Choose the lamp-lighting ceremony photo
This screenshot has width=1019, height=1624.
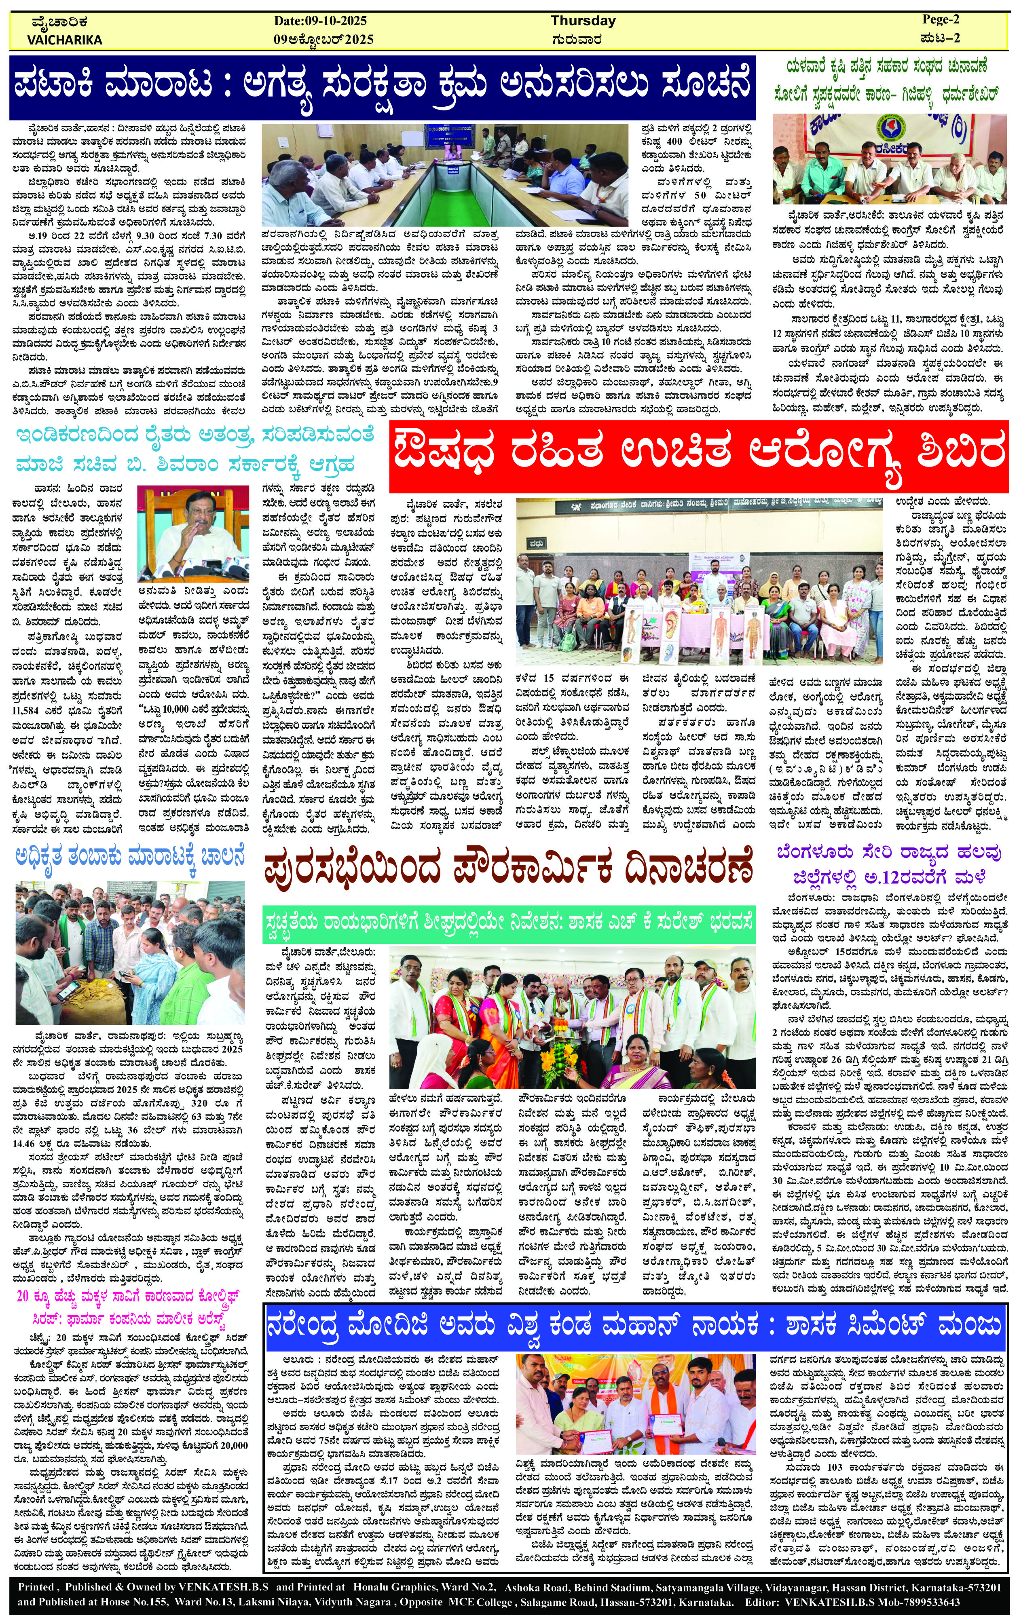click(x=572, y=1012)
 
